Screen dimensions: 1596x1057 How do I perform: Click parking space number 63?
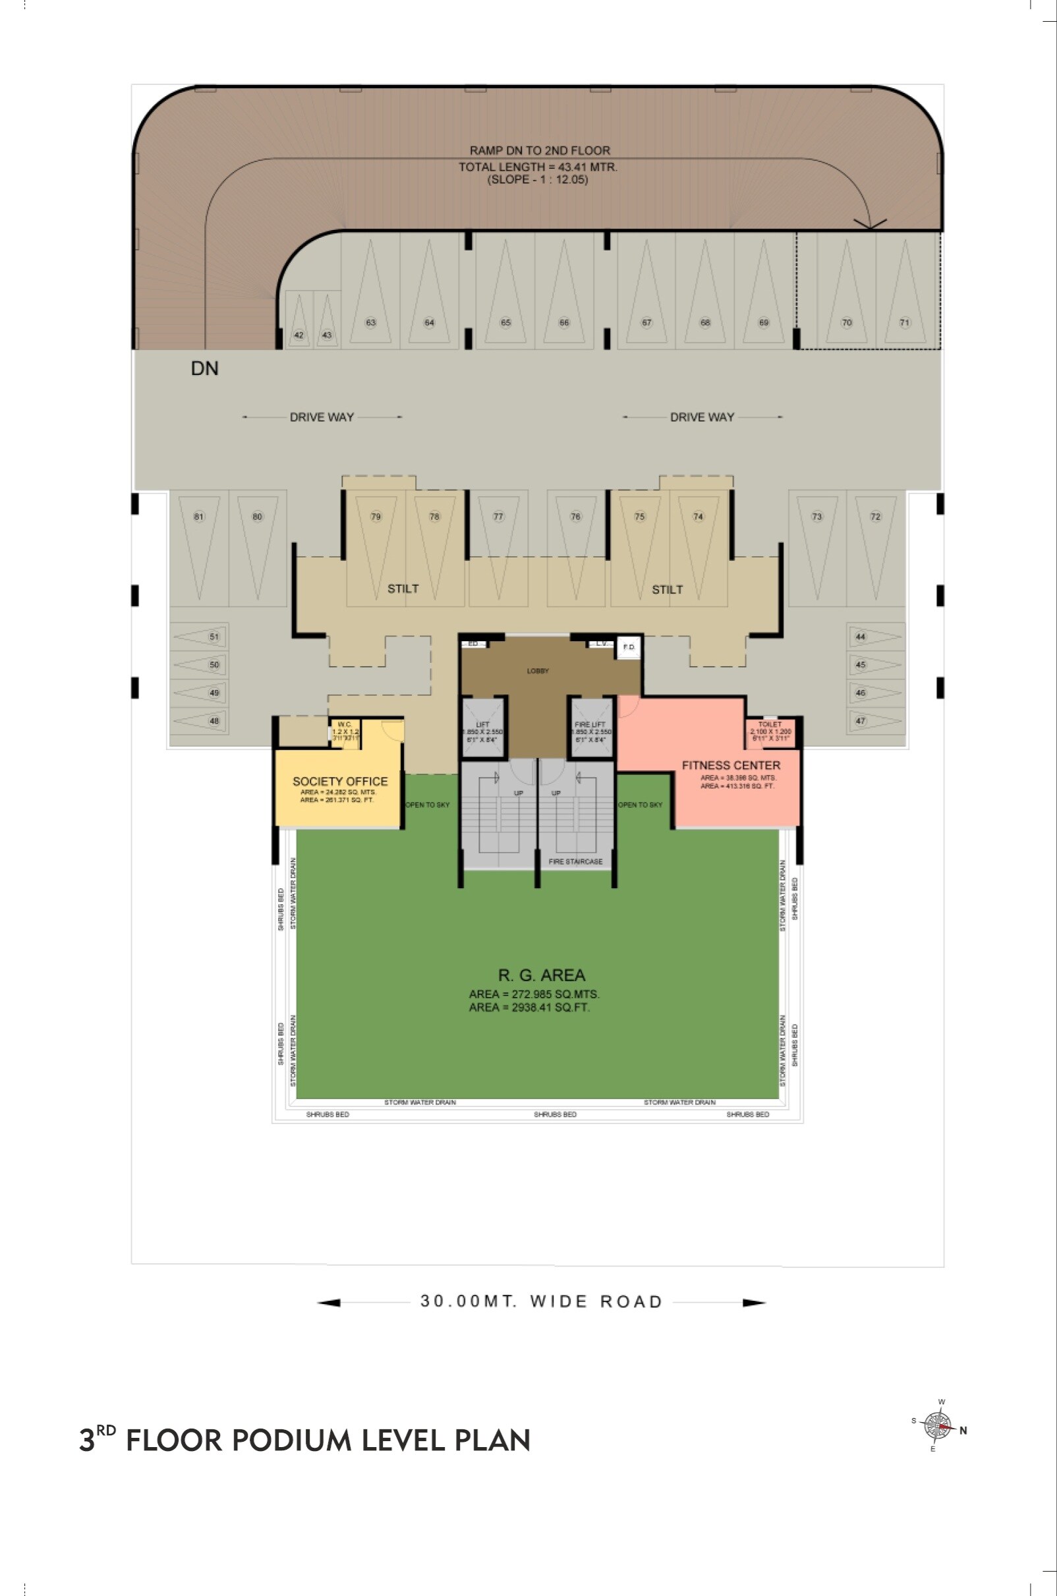pyautogui.click(x=371, y=322)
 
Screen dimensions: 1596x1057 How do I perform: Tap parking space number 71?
pyautogui.click(x=905, y=322)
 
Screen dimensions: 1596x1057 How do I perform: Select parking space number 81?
pyautogui.click(x=199, y=517)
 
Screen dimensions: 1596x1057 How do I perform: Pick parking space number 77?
pyautogui.click(x=498, y=517)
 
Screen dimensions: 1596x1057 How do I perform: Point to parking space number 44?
pyautogui.click(x=861, y=637)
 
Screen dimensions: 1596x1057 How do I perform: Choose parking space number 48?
pyautogui.click(x=214, y=721)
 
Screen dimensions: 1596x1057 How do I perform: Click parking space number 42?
pyautogui.click(x=299, y=335)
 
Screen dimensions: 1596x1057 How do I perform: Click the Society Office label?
pyautogui.click(x=340, y=781)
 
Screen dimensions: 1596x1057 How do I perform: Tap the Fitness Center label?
pyautogui.click(x=731, y=766)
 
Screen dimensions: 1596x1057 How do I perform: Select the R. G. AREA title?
pyautogui.click(x=541, y=975)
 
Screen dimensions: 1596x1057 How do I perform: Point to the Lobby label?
pyautogui.click(x=538, y=671)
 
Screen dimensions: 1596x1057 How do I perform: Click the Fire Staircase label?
pyautogui.click(x=576, y=862)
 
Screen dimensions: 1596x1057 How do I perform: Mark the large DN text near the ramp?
pyautogui.click(x=205, y=368)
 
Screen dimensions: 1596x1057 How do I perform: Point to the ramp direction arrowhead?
pyautogui.click(x=871, y=224)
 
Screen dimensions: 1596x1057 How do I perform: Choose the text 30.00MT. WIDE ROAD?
pyautogui.click(x=541, y=1301)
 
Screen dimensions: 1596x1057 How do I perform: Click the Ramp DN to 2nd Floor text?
pyautogui.click(x=539, y=151)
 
